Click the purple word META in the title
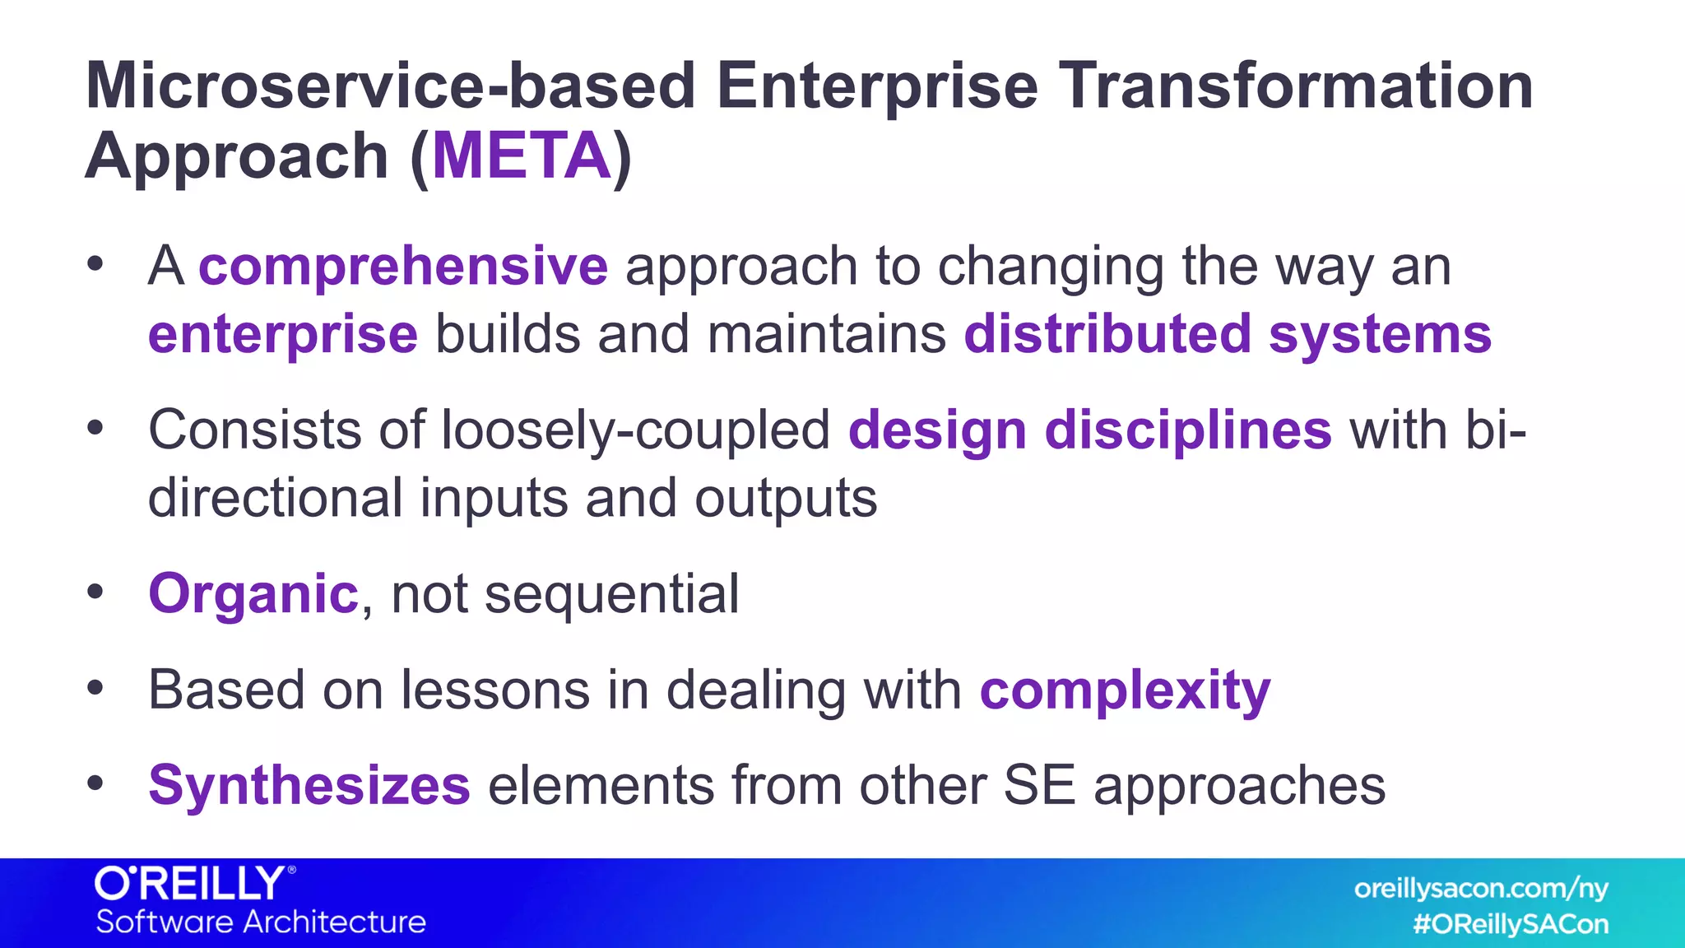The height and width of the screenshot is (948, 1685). point(522,156)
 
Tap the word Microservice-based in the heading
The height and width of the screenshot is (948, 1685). point(391,86)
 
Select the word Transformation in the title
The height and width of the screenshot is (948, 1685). point(1295,86)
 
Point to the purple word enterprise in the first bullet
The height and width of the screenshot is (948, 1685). point(283,334)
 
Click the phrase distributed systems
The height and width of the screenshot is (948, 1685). point(1228,334)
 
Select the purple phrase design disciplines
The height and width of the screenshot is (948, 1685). point(1089,430)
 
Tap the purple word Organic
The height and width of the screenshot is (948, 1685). point(253,593)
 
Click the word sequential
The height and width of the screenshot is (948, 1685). point(611,593)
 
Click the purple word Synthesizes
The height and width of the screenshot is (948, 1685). point(309,785)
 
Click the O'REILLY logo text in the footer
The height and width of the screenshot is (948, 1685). point(191,885)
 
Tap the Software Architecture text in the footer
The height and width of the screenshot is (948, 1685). point(261,922)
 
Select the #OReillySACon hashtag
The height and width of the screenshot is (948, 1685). point(1511,924)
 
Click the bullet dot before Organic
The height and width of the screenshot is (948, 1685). point(95,592)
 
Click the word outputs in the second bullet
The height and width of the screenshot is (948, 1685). point(786,499)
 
